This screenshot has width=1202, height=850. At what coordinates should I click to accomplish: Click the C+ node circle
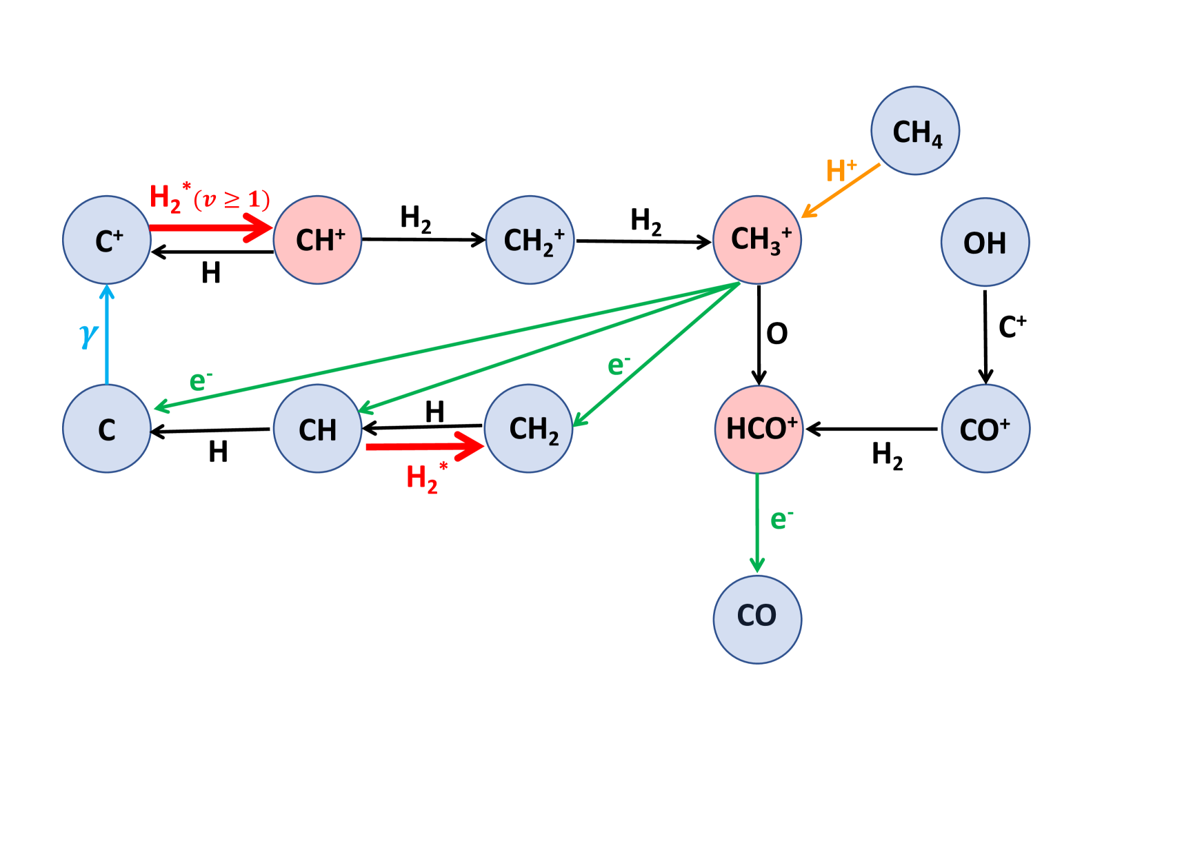coord(107,240)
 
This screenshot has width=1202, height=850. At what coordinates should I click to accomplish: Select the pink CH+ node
coord(318,240)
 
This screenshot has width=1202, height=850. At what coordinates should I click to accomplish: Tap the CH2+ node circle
coord(530,240)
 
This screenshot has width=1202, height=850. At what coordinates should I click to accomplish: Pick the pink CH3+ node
coord(757,240)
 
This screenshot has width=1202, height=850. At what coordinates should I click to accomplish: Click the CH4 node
coord(915,131)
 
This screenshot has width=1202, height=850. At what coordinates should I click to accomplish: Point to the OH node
coord(985,242)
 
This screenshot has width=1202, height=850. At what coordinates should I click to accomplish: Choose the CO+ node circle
coord(986,429)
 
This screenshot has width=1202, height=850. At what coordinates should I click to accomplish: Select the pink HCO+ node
coord(759,429)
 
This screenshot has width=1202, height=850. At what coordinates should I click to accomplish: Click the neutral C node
coord(107,429)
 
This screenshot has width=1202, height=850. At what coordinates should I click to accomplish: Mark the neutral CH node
coord(318,429)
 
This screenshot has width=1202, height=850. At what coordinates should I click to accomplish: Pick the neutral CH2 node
coord(529,429)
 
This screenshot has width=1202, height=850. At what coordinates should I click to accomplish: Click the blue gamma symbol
coord(88,335)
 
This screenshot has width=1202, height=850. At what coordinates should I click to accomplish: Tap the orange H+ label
coord(841,171)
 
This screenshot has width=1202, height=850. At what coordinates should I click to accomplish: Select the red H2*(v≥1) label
coord(209,199)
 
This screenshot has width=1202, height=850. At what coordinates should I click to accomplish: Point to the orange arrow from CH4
coord(841,191)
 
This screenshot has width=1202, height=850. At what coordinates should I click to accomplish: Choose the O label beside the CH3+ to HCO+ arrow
coord(777,334)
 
